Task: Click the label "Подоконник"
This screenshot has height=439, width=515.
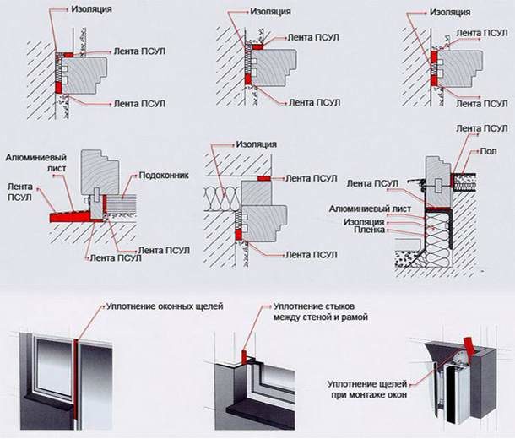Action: [163, 176]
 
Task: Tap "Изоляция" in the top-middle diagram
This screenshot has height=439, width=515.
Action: [272, 14]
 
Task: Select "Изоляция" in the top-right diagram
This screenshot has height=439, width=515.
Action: [449, 14]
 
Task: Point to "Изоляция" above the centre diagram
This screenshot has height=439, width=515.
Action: [257, 144]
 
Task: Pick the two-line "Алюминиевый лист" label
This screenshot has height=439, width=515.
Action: [30, 163]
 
